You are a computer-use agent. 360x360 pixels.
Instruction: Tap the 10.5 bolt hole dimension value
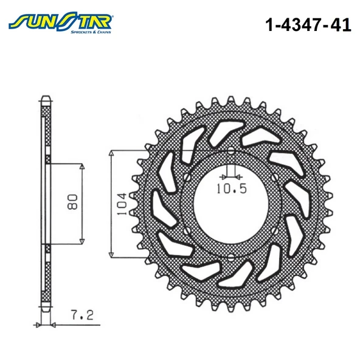coord(231,189)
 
